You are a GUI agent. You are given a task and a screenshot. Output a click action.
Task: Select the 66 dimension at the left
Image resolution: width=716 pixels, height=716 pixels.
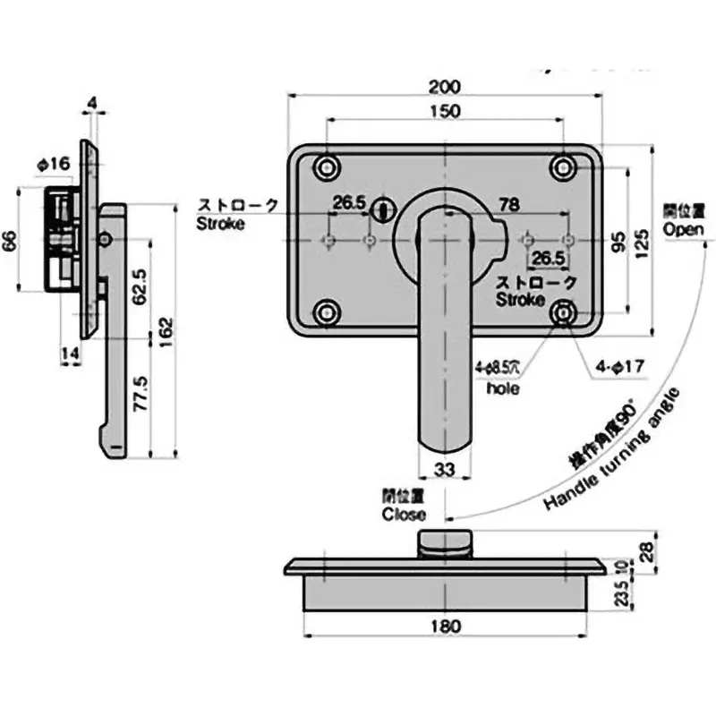tap(11, 239)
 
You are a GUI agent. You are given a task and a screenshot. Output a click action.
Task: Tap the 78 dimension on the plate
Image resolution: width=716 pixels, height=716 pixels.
tap(508, 205)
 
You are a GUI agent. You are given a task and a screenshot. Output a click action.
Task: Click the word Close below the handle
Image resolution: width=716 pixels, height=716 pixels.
tap(404, 515)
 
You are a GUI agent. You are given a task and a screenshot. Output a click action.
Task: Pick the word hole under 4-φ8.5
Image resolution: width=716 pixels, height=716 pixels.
tap(503, 388)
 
